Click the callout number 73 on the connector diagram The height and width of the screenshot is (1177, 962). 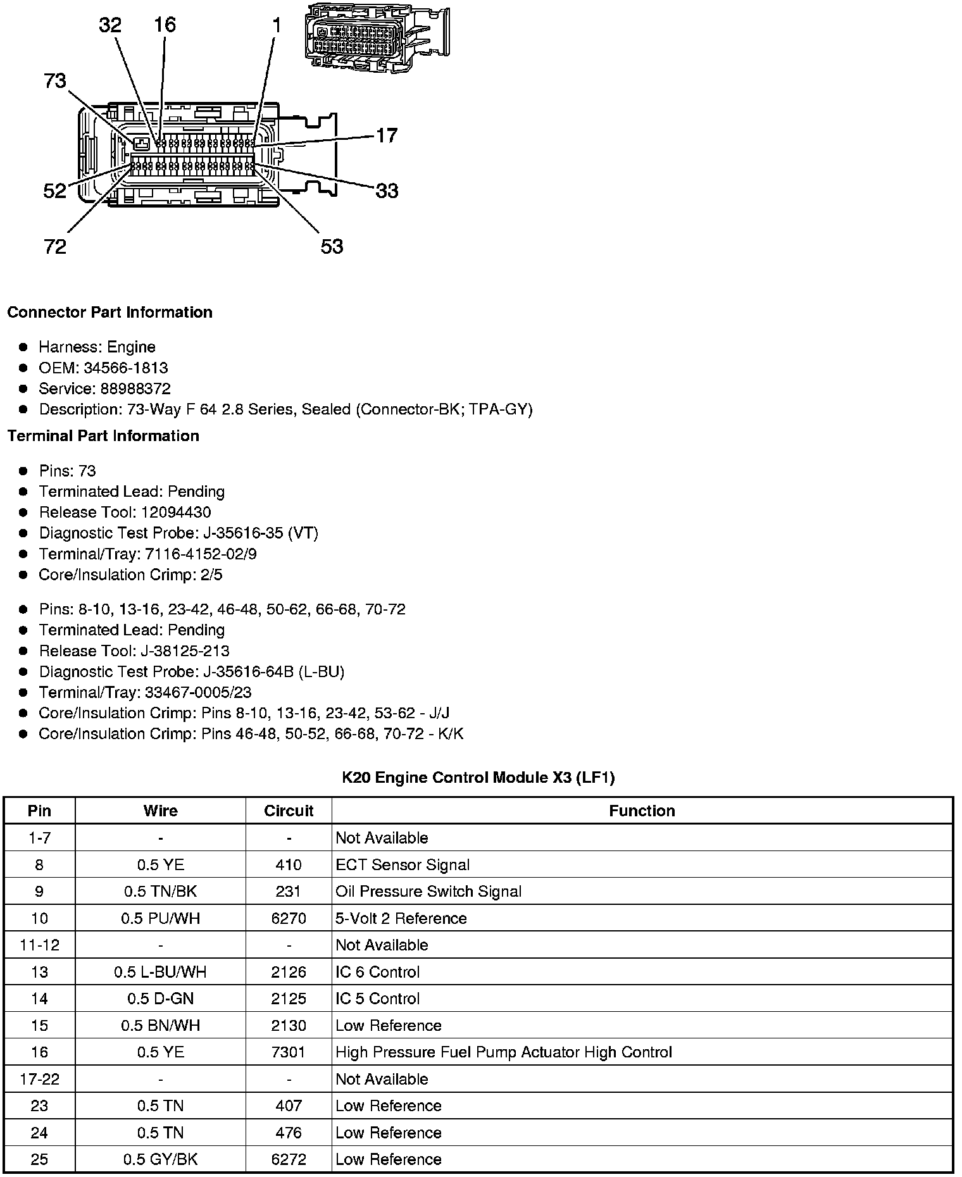coord(55,81)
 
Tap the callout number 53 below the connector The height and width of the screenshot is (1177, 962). coord(332,246)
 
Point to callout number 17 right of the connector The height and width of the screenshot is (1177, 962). coord(386,135)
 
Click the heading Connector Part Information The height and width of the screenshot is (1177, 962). coord(109,313)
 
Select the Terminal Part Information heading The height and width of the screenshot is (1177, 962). coord(103,436)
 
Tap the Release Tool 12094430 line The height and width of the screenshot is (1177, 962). coord(125,512)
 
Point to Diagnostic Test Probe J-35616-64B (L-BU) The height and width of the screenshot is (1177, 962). coord(191,671)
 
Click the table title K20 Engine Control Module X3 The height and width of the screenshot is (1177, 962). coord(478,777)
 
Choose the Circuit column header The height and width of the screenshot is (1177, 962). coord(289,811)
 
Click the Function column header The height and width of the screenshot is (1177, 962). coord(642,811)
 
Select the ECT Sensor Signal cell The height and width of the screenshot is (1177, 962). coord(403,864)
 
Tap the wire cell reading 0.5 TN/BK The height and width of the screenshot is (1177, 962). coord(160,891)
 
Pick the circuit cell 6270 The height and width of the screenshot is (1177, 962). coord(289,918)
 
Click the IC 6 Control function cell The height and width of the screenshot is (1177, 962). coord(377,972)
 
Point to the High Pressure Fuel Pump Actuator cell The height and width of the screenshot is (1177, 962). coord(503,1052)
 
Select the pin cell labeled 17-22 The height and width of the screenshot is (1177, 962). coord(39,1079)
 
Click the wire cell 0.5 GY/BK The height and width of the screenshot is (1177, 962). coord(160,1159)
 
